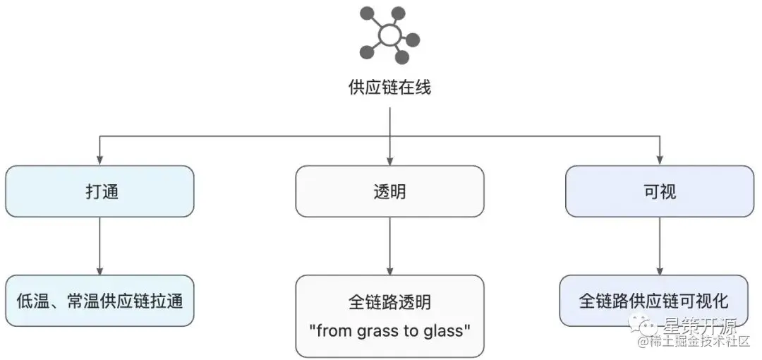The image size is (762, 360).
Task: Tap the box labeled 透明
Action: pyautogui.click(x=389, y=191)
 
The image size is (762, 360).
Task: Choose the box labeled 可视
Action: pyautogui.click(x=659, y=191)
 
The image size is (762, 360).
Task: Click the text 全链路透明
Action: pyautogui.click(x=389, y=303)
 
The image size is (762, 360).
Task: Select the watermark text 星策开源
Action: pyautogui.click(x=698, y=326)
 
